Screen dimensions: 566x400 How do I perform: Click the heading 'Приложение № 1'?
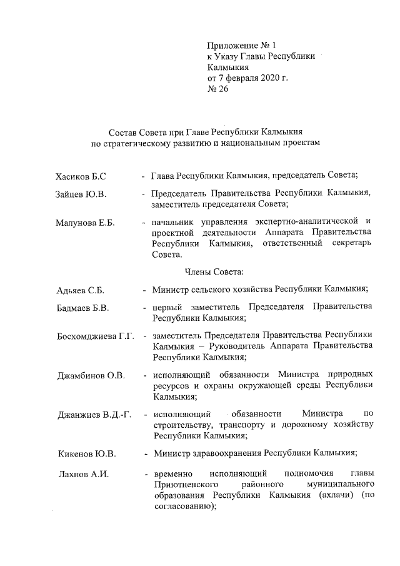pyautogui.click(x=241, y=46)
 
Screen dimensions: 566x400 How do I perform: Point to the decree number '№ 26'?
pyautogui.click(x=218, y=89)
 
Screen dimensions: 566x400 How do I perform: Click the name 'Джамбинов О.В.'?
pyautogui.click(x=90, y=375)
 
